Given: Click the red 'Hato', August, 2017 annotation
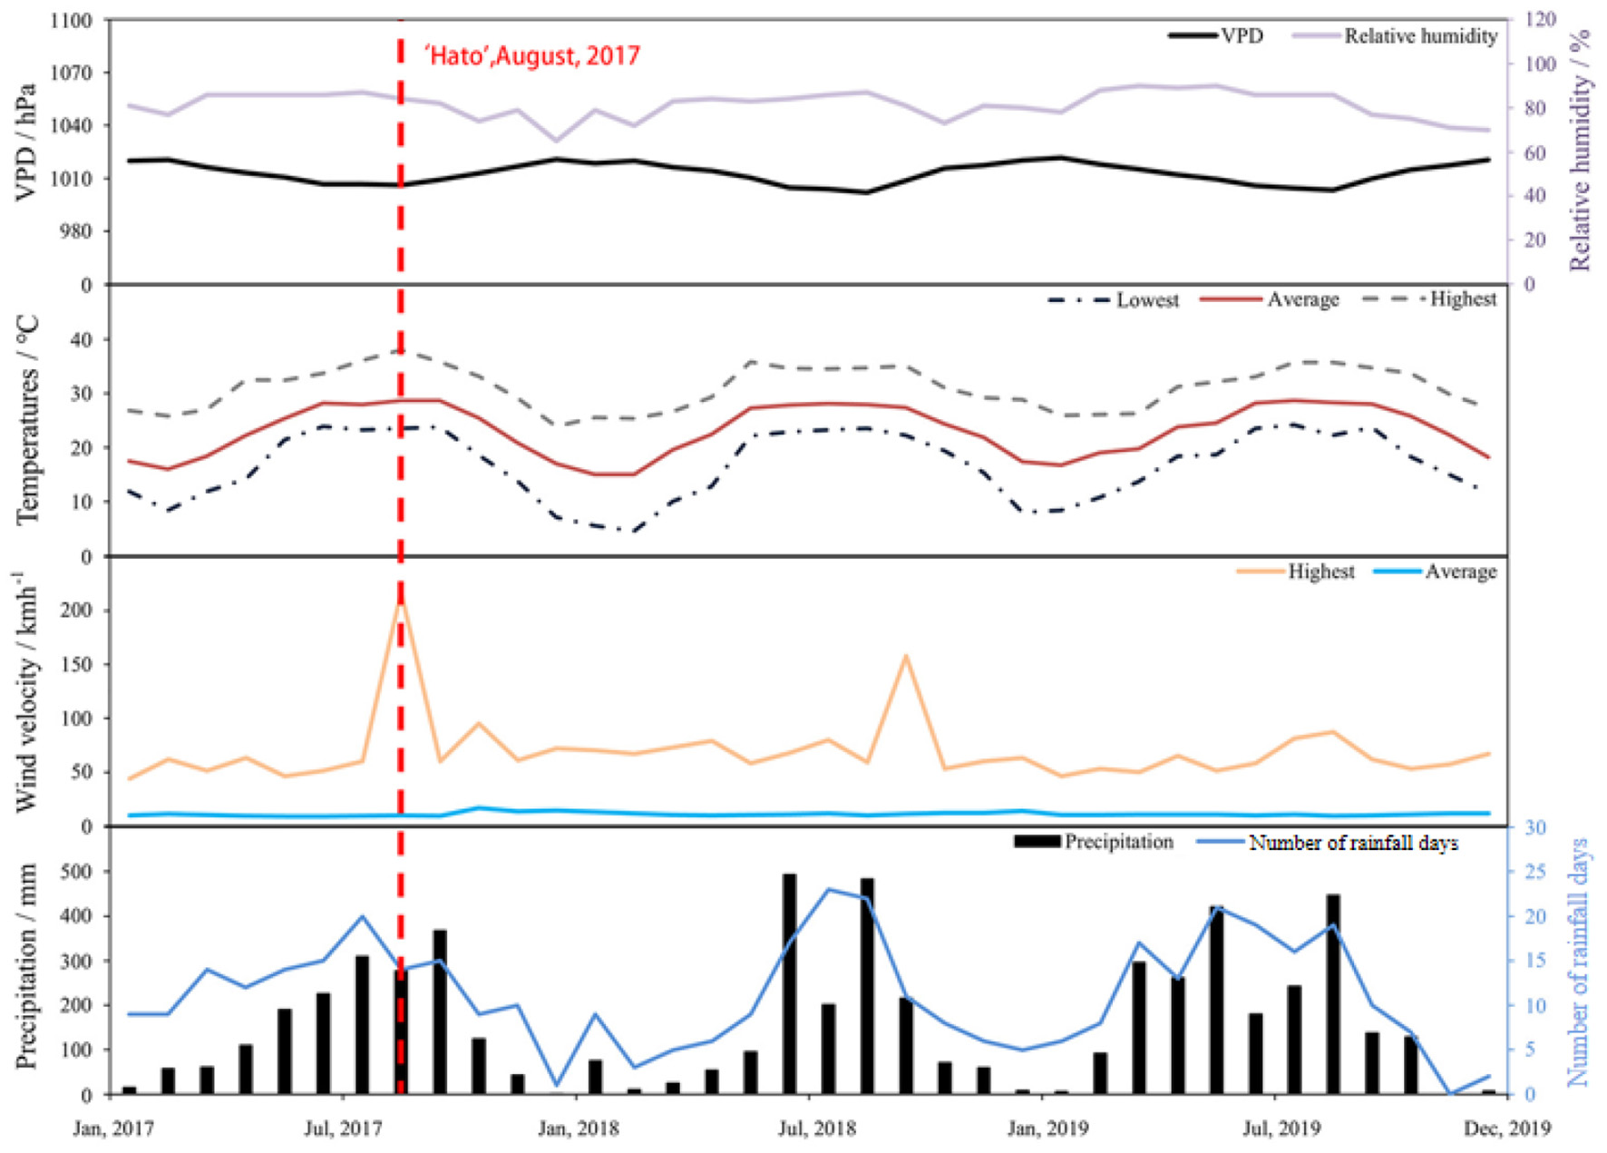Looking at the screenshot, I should click(532, 56).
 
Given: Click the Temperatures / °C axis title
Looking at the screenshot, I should click(28, 419).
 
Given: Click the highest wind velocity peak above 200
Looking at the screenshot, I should click(400, 601).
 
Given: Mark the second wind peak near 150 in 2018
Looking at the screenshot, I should click(905, 655).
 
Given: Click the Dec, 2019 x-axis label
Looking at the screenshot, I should click(1508, 1128).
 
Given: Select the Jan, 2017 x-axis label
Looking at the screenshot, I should click(113, 1128).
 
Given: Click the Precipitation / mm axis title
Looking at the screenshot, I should click(26, 966).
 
